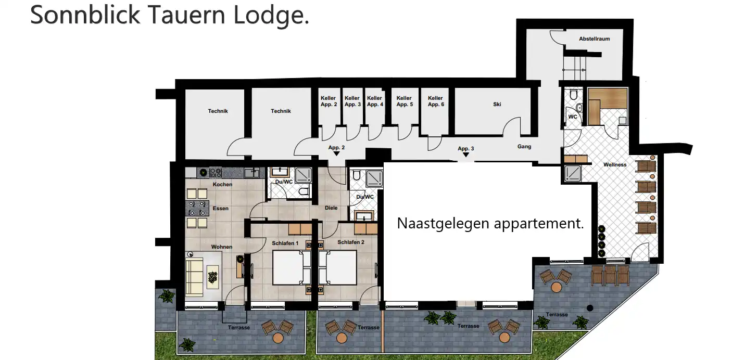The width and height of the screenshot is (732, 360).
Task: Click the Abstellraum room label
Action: click(595, 39)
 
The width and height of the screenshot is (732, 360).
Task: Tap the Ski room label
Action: click(497, 104)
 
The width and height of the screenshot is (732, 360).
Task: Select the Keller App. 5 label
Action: click(405, 101)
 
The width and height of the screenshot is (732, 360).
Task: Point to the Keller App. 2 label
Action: click(329, 101)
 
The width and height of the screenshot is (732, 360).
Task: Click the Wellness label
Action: click(615, 164)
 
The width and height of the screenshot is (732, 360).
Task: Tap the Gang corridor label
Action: click(524, 147)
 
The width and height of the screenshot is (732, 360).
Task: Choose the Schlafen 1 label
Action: click(285, 243)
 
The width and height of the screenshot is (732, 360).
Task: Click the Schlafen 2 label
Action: click(350, 242)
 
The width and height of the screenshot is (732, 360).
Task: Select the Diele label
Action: click(331, 208)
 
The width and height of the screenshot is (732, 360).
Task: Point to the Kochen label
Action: click(222, 185)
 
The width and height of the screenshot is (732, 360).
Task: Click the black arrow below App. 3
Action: click(465, 155)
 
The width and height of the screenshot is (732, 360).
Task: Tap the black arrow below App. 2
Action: click(336, 154)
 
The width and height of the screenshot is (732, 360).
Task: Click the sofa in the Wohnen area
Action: click(195, 277)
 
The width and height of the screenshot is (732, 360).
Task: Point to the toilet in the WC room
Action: click(574, 95)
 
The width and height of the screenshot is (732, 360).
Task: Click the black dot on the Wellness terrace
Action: click(590, 308)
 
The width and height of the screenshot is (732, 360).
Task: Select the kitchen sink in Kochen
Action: click(251, 173)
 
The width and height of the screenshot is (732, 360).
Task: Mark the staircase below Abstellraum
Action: click(574, 68)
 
